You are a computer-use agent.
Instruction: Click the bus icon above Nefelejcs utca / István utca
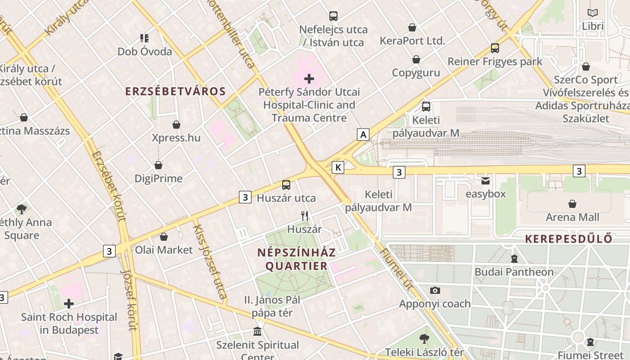(x=333, y=16)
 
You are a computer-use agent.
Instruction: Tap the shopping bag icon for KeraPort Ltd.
(x=412, y=28)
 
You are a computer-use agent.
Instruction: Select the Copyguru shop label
(x=416, y=72)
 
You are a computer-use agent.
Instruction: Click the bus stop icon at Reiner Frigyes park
(x=495, y=48)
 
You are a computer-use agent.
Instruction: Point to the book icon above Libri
(x=593, y=13)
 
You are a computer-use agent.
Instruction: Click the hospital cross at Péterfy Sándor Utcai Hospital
(x=309, y=79)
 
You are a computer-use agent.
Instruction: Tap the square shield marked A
(x=363, y=134)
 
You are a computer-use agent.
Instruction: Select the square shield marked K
(x=338, y=167)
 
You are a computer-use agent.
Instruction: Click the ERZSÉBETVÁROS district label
(x=175, y=91)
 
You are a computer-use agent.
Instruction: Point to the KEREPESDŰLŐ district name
(x=569, y=238)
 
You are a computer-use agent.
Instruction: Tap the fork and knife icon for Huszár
(x=305, y=216)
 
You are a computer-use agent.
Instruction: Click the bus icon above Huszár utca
(x=286, y=185)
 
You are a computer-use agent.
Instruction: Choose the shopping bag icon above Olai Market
(x=164, y=237)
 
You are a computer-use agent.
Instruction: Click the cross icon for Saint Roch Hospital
(x=69, y=304)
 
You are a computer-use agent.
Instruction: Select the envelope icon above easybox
(x=486, y=181)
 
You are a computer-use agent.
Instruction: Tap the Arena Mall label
(x=572, y=217)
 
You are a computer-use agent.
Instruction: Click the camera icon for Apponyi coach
(x=435, y=291)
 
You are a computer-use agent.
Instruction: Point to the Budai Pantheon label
(x=514, y=272)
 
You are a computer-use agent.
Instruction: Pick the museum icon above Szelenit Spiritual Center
(x=257, y=332)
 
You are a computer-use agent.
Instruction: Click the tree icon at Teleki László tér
(x=424, y=339)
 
